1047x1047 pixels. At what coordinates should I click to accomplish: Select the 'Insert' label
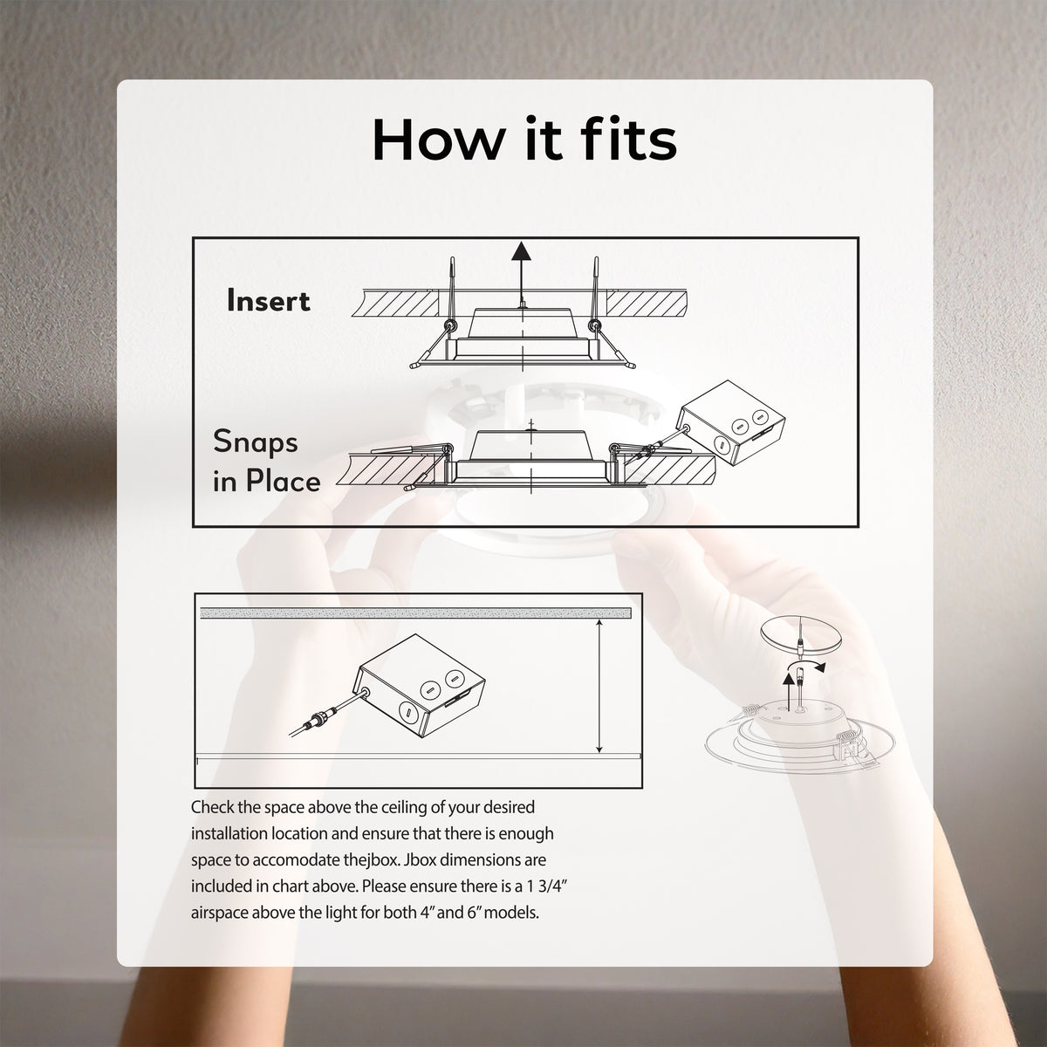[269, 300]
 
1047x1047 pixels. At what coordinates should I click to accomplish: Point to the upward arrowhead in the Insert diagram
[521, 251]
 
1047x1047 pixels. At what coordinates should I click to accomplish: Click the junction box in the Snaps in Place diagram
[731, 422]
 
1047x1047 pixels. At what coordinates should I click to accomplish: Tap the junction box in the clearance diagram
[419, 686]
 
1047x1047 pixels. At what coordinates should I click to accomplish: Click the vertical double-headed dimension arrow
[599, 687]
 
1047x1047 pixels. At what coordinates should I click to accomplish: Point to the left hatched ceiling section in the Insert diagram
[395, 303]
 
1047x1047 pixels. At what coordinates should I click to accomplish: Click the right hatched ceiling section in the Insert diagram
[647, 303]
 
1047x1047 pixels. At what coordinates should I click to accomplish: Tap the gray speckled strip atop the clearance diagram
[415, 613]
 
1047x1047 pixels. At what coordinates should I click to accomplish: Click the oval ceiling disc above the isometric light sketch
[802, 634]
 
